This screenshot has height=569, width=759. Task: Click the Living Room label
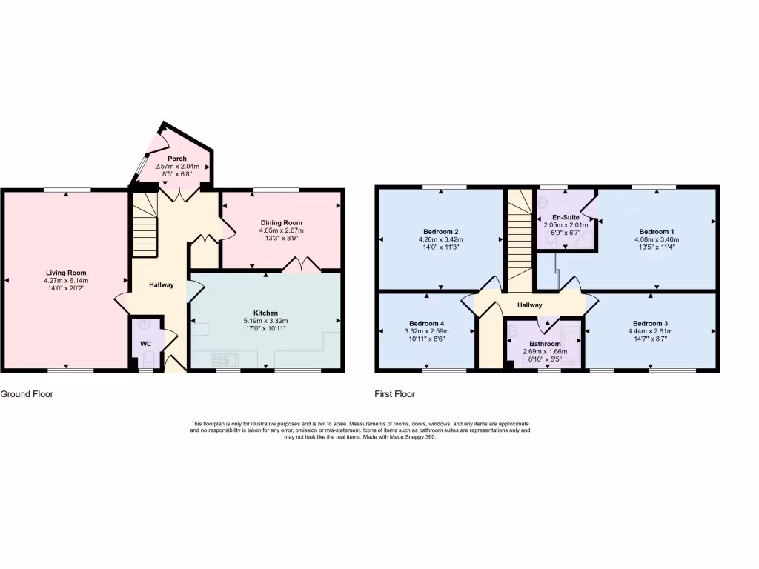click(67, 273)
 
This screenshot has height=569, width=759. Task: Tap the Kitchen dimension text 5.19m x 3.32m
click(265, 321)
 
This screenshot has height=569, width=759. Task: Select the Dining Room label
click(281, 222)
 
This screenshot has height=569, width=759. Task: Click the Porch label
click(177, 159)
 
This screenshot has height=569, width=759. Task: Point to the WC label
click(146, 344)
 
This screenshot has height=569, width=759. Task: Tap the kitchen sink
click(224, 359)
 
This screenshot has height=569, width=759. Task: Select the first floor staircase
click(520, 237)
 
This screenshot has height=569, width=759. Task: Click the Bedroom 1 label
click(656, 231)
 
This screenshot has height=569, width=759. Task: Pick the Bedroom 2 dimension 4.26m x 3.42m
click(440, 240)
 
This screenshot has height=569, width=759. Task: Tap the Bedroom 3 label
click(650, 323)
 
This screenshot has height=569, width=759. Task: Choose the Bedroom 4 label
click(426, 324)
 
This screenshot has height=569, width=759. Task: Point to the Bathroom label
click(545, 344)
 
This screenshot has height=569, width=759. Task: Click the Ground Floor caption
click(27, 394)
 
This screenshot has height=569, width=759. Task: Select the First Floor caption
click(394, 394)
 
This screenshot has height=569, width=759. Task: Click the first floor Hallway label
click(530, 305)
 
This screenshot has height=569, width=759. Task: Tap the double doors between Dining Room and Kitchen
click(300, 265)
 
